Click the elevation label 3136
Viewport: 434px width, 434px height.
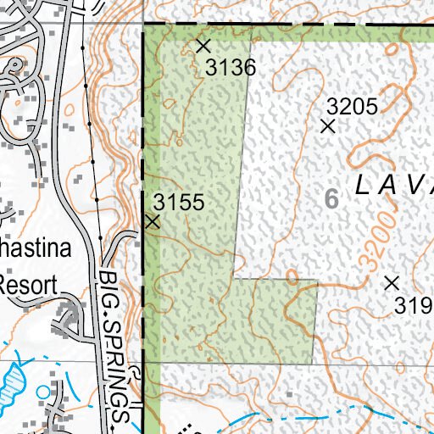(x=231, y=68)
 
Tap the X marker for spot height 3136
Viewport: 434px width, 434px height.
(x=203, y=45)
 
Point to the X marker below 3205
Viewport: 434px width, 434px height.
(x=329, y=126)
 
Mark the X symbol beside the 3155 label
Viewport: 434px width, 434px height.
(x=153, y=222)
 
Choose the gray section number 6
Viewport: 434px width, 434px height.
(x=331, y=199)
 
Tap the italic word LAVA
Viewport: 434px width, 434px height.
(x=395, y=184)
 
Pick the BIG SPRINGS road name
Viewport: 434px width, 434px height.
(x=116, y=348)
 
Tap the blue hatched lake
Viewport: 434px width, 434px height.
(x=12, y=382)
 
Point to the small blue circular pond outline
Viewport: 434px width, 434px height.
(x=43, y=391)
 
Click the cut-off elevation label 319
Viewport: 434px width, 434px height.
(x=414, y=305)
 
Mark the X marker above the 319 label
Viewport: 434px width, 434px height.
(x=392, y=282)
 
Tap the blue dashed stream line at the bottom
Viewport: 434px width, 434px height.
(x=339, y=415)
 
